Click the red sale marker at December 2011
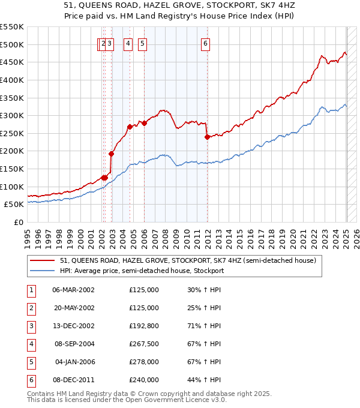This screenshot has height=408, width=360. (207, 137)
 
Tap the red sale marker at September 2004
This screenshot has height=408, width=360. (130, 127)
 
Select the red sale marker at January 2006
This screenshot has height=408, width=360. (144, 123)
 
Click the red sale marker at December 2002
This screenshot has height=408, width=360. (112, 154)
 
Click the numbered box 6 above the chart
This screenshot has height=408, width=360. (205, 43)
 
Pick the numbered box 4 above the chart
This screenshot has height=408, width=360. (128, 43)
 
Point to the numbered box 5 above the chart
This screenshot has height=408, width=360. (143, 43)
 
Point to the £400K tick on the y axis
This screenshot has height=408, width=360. (11, 80)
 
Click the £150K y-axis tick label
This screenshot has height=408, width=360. (11, 169)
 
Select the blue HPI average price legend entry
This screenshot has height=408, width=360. (142, 271)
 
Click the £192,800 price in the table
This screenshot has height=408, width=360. (144, 326)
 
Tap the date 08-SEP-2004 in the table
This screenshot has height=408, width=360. (74, 344)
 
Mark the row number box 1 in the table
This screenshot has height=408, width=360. (31, 290)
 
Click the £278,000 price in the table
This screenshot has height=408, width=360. (144, 362)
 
